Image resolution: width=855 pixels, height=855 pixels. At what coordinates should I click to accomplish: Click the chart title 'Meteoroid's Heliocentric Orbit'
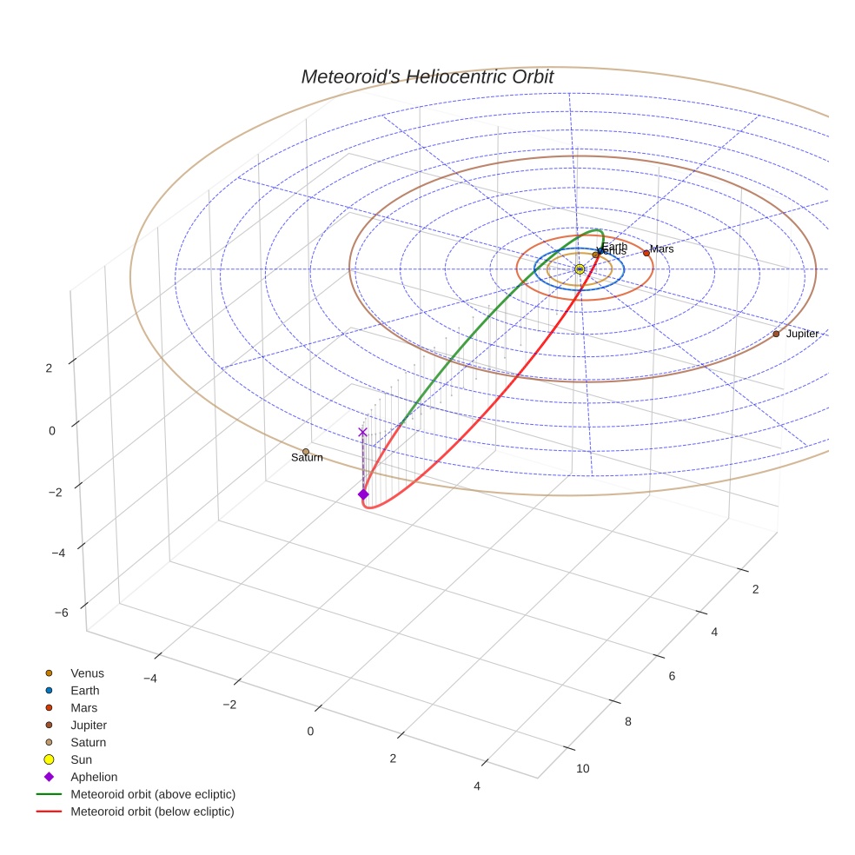[x=427, y=77]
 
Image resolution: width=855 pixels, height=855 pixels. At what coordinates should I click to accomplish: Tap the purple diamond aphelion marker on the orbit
[x=363, y=494]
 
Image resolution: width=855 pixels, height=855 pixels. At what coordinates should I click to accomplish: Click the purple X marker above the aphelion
[x=362, y=432]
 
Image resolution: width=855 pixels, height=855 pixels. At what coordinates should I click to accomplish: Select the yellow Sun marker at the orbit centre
[x=580, y=269]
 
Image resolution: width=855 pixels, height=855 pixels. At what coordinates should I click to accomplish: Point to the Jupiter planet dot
[x=776, y=334]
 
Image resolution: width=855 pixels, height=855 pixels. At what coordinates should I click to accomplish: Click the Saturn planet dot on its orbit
[x=306, y=452]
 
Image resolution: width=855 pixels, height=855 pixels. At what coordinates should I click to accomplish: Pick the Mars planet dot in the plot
[x=646, y=253]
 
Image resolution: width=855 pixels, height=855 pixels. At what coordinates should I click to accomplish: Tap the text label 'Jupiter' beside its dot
[x=802, y=334]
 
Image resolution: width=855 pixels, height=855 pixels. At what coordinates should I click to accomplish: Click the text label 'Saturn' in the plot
[x=307, y=458]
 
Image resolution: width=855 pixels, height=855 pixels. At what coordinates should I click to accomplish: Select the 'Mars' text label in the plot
[x=662, y=249]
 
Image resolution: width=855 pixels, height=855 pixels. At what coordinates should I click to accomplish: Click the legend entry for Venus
[x=86, y=673]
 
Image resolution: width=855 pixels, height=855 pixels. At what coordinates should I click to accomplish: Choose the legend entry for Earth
[x=84, y=691]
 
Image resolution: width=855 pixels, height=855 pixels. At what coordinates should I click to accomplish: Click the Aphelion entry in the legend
[x=93, y=778]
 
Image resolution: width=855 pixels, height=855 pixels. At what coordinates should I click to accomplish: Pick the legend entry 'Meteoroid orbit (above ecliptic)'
[x=152, y=794]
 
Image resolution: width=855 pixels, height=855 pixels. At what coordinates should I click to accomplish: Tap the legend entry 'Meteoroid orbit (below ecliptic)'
[x=152, y=812]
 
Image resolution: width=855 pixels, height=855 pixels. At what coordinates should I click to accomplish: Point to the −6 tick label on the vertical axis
[x=61, y=613]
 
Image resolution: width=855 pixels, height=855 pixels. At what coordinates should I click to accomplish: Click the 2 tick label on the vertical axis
[x=49, y=368]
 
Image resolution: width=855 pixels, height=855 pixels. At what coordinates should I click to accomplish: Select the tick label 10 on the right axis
[x=582, y=768]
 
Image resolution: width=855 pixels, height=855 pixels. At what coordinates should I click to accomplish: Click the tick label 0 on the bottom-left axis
[x=310, y=731]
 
